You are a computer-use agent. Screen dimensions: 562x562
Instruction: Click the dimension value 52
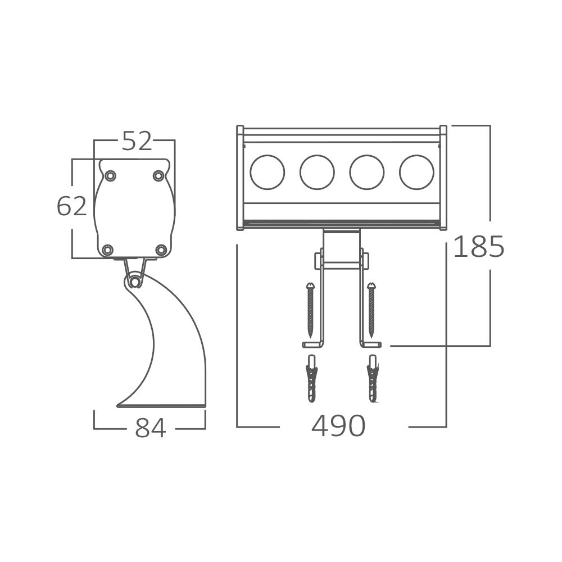pyautogui.click(x=137, y=141)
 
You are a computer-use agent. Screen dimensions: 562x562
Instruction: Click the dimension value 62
pyautogui.click(x=72, y=206)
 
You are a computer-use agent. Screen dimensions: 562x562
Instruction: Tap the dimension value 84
pyautogui.click(x=151, y=428)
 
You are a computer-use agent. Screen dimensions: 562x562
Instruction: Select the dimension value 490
pyautogui.click(x=338, y=427)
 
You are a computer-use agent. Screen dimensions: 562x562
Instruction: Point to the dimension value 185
pyautogui.click(x=479, y=247)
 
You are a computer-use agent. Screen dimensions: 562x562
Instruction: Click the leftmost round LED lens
pyautogui.click(x=268, y=172)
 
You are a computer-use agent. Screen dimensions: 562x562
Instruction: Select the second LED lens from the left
pyautogui.click(x=317, y=172)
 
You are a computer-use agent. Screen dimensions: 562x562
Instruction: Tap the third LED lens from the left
pyautogui.click(x=367, y=172)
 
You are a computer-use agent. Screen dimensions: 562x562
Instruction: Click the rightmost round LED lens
pyautogui.click(x=416, y=172)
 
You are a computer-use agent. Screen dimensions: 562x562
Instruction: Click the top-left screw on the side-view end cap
pyautogui.click(x=111, y=176)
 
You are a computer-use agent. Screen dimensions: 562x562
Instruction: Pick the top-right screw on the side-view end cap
pyautogui.click(x=158, y=176)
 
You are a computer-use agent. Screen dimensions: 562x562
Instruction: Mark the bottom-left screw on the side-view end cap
pyautogui.click(x=108, y=250)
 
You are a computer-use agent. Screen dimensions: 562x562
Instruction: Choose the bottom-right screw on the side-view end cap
pyautogui.click(x=161, y=250)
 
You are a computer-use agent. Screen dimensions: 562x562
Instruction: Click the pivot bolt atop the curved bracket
pyautogui.click(x=134, y=280)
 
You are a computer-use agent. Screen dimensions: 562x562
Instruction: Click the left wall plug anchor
pyautogui.click(x=312, y=379)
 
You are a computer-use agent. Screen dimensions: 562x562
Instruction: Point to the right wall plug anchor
pyautogui.click(x=372, y=379)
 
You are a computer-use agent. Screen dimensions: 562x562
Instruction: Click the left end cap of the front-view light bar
pyautogui.click(x=240, y=178)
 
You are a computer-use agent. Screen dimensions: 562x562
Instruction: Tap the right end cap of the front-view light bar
pyautogui.click(x=443, y=178)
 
